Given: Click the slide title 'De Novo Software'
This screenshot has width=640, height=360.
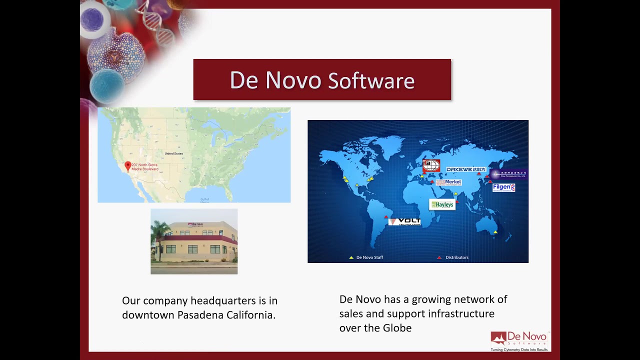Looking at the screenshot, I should pyautogui.click(x=322, y=80).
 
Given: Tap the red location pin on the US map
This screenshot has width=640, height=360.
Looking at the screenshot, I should pyautogui.click(x=128, y=166).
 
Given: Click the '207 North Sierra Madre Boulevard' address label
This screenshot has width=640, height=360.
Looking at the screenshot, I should pyautogui.click(x=145, y=167).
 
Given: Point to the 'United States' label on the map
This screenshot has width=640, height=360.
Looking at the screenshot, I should pyautogui.click(x=173, y=153).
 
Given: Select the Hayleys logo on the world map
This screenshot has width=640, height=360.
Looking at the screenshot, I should pyautogui.click(x=442, y=204).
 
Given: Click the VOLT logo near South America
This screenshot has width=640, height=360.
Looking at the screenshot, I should pyautogui.click(x=404, y=221).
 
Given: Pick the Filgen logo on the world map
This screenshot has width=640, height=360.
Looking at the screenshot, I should pyautogui.click(x=503, y=187).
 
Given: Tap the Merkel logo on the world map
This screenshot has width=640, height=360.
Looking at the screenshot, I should pyautogui.click(x=448, y=182).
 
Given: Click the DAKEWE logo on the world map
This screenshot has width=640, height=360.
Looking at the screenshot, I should pyautogui.click(x=465, y=169).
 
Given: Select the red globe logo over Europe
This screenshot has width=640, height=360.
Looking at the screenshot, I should pyautogui.click(x=431, y=165).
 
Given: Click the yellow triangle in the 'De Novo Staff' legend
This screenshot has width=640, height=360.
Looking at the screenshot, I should pyautogui.click(x=351, y=257).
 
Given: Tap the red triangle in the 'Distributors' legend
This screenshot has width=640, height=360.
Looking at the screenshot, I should pyautogui.click(x=439, y=257).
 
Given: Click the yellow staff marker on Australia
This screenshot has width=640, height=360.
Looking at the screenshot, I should pyautogui.click(x=495, y=232).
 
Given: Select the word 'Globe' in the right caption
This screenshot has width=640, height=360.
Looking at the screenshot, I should pyautogui.click(x=397, y=328).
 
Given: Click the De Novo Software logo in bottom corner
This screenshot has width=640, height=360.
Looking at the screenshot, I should pyautogui.click(x=519, y=341).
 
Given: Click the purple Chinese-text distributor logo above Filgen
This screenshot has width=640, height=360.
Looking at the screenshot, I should pyautogui.click(x=508, y=174).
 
